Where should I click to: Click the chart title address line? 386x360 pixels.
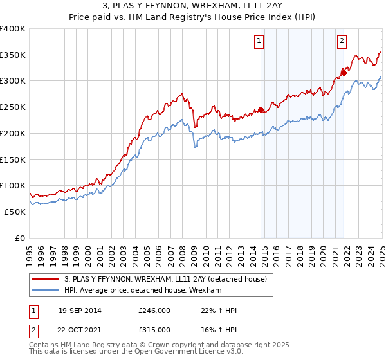(193, 6)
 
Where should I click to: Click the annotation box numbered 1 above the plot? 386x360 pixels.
(259, 42)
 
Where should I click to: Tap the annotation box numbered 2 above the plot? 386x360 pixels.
(341, 42)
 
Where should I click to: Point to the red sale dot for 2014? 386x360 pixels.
(261, 109)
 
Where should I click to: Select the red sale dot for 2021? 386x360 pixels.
(344, 73)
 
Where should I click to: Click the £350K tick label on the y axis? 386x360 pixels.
(13, 55)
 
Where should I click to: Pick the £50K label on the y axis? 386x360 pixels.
(15, 212)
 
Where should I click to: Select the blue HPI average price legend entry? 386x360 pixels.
(142, 291)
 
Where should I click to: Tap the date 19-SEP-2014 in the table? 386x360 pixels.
(79, 311)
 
